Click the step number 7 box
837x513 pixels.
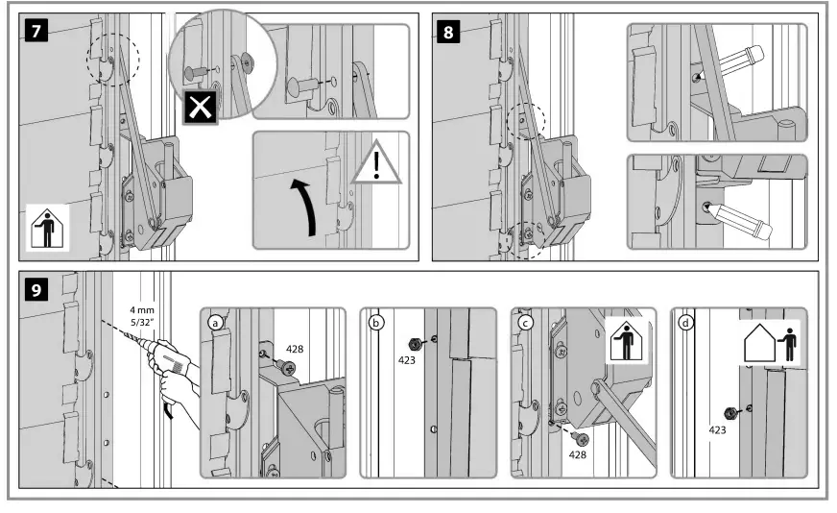click(x=36, y=31)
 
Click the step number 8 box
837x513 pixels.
click(x=448, y=31)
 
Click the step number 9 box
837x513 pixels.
click(x=36, y=290)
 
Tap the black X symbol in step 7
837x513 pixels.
click(x=201, y=107)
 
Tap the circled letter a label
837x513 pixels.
click(x=216, y=323)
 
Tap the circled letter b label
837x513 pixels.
click(x=376, y=323)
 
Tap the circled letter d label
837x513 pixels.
click(x=683, y=323)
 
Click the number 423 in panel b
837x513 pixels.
click(x=409, y=361)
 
